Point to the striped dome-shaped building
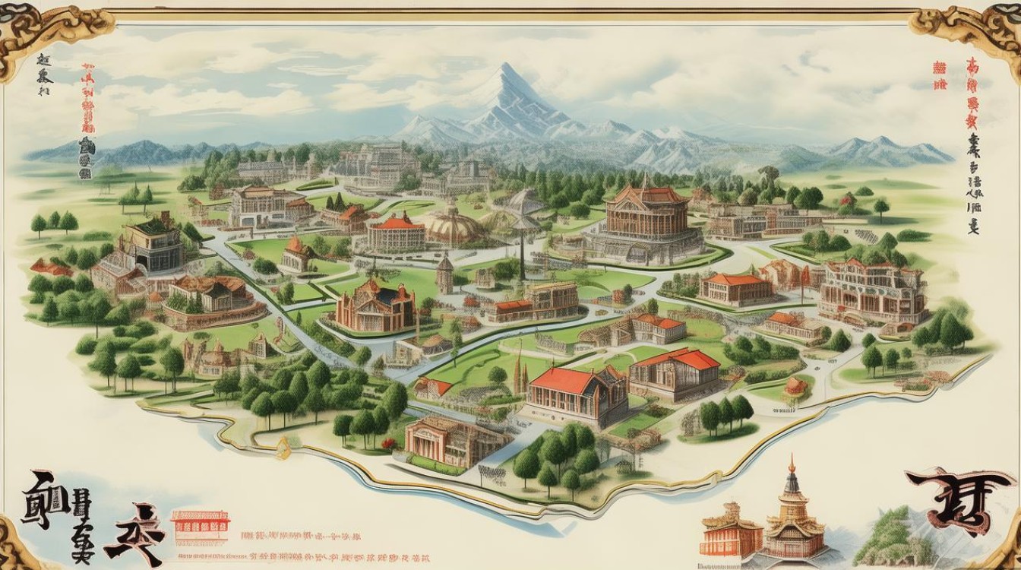[x=454, y=225]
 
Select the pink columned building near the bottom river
[x=444, y=441]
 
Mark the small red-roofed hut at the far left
[x=50, y=268]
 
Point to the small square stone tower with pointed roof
[x=444, y=273]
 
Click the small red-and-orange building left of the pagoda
[x=730, y=529]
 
